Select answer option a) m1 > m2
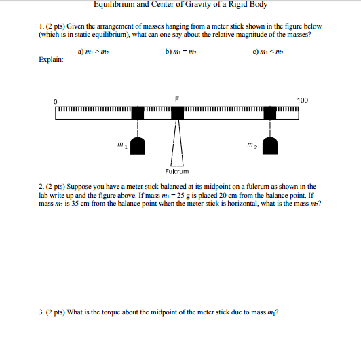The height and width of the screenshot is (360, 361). (93, 50)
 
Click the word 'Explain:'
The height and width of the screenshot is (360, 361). (52, 60)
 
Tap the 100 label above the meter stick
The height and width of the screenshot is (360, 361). (302, 101)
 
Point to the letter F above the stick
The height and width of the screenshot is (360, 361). (177, 100)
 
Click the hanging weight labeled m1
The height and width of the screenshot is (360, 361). (138, 144)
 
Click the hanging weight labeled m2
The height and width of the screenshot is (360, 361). (271, 144)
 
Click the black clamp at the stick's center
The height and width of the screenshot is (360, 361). (177, 112)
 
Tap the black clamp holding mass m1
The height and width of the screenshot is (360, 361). (138, 112)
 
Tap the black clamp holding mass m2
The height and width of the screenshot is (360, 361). (271, 112)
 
